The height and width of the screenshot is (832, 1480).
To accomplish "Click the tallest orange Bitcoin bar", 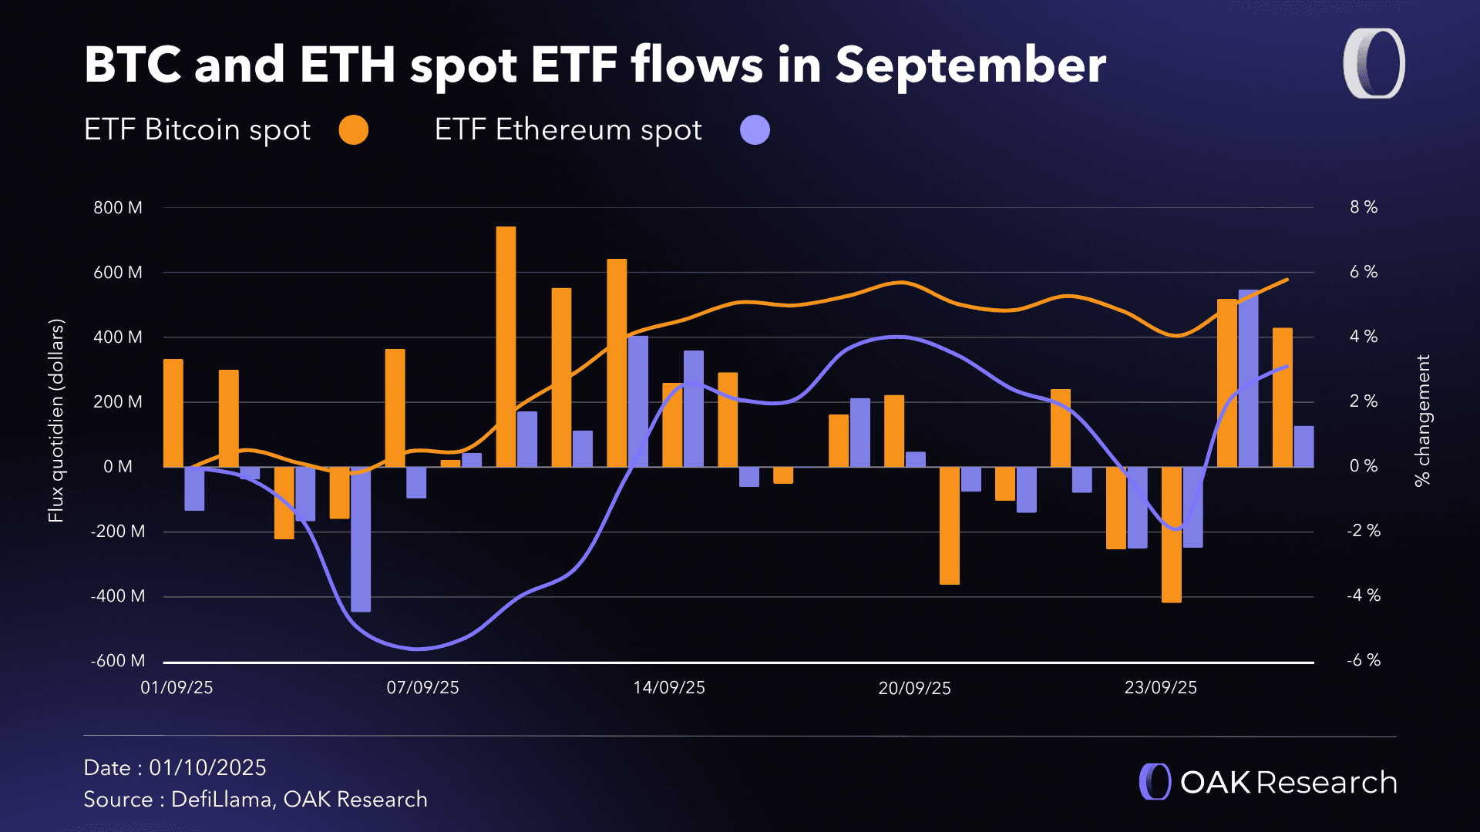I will (506, 347).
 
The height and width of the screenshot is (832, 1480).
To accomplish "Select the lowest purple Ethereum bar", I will (361, 539).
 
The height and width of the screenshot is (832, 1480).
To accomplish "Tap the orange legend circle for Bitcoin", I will (354, 129).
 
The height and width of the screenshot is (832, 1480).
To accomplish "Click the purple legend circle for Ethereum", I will (755, 129).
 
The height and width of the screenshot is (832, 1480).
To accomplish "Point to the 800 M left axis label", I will (118, 208).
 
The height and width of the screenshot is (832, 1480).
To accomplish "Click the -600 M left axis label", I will (118, 661).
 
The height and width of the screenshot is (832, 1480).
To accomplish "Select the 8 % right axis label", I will (1363, 207).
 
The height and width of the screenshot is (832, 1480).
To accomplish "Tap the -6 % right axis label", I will (1363, 660).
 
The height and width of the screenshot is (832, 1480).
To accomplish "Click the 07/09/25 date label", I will (422, 688).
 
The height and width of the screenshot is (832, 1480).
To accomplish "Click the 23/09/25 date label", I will (1160, 688).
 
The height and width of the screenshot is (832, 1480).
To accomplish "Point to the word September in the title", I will (970, 65).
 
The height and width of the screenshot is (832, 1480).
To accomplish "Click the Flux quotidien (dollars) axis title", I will (55, 421).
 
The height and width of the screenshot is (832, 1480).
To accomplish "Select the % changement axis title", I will (1422, 421).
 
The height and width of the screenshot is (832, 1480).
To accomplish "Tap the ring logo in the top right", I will (1374, 64).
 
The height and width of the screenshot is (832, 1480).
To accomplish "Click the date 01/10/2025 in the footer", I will (207, 768).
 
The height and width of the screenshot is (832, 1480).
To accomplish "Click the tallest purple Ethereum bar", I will (1248, 378).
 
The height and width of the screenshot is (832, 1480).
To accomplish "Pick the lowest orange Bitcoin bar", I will (1171, 535).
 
